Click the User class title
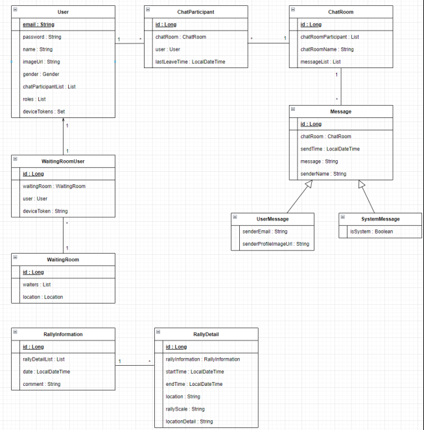click(63, 12)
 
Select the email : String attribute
click(38, 25)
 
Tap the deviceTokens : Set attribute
click(40, 112)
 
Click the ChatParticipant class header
click(196, 12)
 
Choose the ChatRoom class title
click(340, 12)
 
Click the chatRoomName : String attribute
click(327, 49)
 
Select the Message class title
click(340, 112)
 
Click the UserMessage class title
click(273, 219)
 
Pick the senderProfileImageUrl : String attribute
click(276, 244)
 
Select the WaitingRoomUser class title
click(63, 161)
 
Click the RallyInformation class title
click(63, 335)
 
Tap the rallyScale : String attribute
click(185, 409)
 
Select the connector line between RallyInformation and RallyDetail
click(134, 365)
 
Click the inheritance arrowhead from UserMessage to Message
click(309, 185)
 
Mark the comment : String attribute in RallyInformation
click(41, 384)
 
